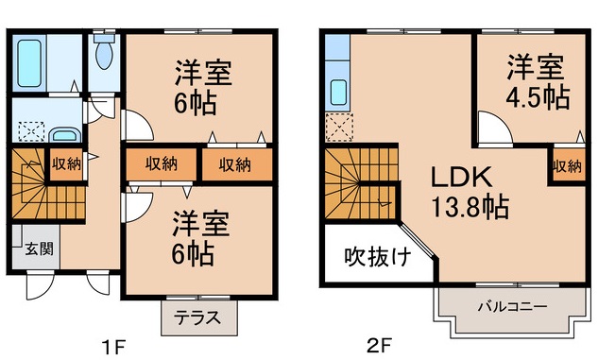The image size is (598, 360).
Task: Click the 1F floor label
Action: pos(113,346)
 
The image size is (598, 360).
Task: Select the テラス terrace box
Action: pos(199,318)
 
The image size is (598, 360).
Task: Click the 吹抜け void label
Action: pos(375,256)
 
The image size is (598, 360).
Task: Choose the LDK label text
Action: pos(461,177)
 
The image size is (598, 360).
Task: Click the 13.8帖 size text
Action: pos(472,205)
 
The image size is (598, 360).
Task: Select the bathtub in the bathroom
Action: pos(31,60)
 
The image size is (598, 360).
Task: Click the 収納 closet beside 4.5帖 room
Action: pos(566,166)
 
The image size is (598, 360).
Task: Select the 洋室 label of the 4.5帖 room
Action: pos(536,67)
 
